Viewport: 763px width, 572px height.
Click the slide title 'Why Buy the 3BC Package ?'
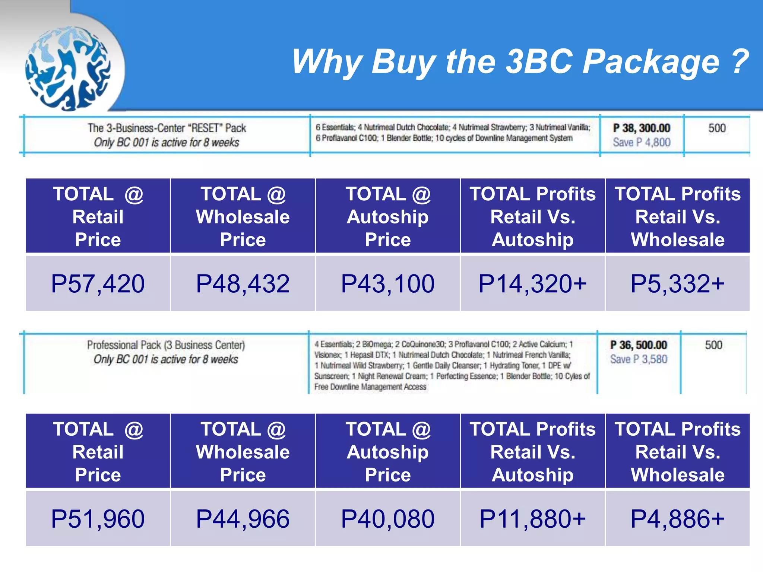pos(520,62)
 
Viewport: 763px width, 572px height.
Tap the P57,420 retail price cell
pos(98,283)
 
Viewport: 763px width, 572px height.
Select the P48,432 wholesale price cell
pos(243,283)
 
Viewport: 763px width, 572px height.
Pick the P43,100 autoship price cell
pos(387,283)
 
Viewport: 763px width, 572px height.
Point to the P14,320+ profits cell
pos(532,283)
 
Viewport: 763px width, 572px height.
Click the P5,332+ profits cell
pos(677,283)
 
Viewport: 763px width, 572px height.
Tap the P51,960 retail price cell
pos(98,518)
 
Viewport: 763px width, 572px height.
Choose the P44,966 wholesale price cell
pos(243,518)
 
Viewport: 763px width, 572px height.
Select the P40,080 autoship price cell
pos(387,518)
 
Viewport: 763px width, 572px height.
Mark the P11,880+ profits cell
pos(532,518)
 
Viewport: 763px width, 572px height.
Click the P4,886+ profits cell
pos(677,518)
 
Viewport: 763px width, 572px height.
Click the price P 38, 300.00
pos(642,128)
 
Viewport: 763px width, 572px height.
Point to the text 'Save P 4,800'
pos(642,142)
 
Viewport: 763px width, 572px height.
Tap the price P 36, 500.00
pos(639,345)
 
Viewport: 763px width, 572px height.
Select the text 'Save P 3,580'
pos(639,359)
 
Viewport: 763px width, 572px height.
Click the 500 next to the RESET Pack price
pos(717,128)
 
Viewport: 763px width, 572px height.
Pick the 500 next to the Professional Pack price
pos(713,345)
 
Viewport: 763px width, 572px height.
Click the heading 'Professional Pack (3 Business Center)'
pos(166,345)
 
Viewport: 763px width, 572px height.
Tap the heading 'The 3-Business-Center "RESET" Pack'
pos(167,128)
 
